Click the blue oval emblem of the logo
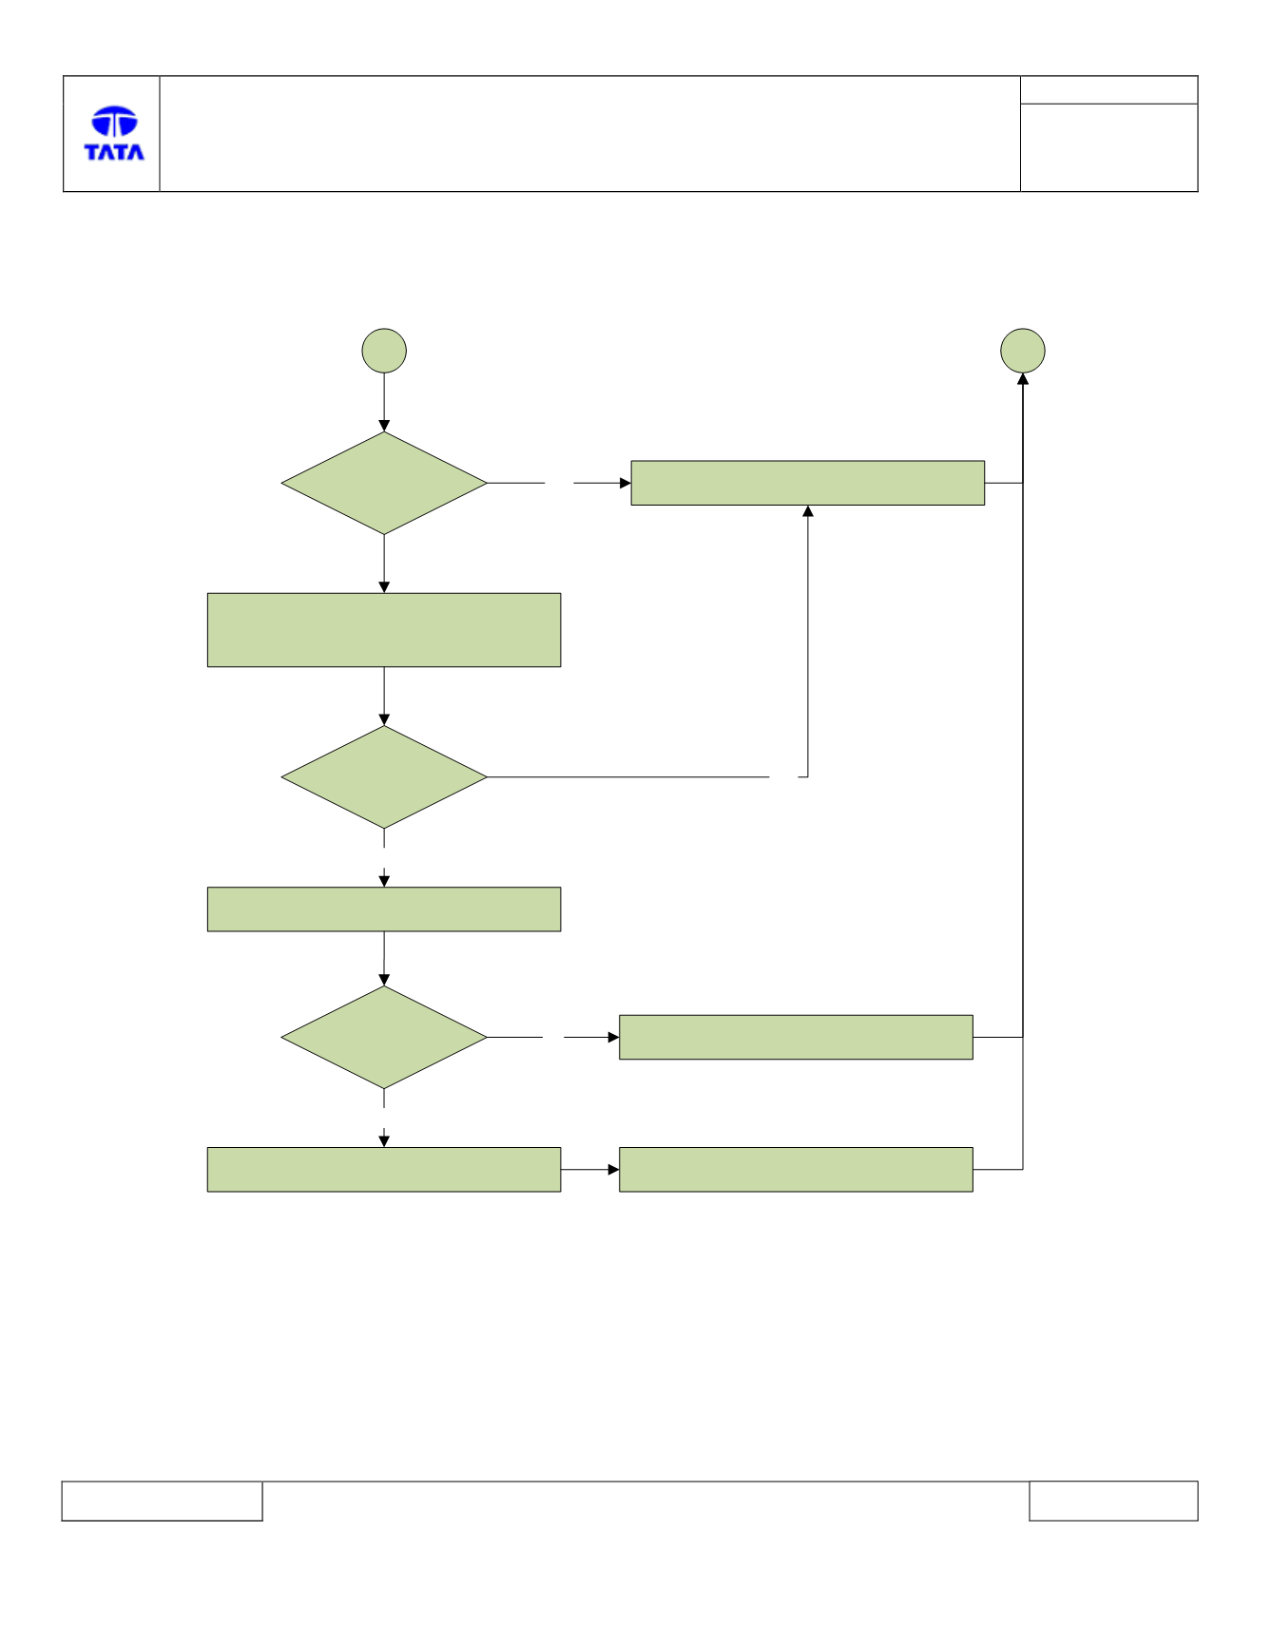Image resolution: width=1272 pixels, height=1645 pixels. click(x=114, y=121)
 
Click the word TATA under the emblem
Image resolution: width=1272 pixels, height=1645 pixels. click(x=114, y=152)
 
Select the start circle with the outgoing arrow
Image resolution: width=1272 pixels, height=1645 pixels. click(x=384, y=351)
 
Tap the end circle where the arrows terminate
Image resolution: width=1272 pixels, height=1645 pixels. click(x=1023, y=351)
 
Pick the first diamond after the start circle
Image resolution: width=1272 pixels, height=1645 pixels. click(x=384, y=483)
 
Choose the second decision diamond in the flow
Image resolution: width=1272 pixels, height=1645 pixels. click(x=384, y=777)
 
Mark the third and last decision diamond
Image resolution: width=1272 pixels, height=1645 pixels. click(x=384, y=1038)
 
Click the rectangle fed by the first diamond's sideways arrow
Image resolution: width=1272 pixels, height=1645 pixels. click(x=808, y=483)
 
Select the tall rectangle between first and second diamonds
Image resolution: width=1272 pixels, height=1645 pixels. click(x=384, y=630)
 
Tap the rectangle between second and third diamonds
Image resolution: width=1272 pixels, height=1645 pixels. click(x=384, y=909)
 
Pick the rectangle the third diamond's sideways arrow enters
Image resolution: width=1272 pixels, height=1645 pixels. click(x=796, y=1038)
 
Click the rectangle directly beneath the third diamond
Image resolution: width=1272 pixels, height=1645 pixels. click(x=384, y=1170)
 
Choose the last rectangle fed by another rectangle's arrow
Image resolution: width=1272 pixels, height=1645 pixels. click(x=796, y=1170)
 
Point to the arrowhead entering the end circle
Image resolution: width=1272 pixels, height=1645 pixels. click(x=1023, y=379)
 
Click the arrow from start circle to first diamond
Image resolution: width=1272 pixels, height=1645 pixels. click(x=384, y=403)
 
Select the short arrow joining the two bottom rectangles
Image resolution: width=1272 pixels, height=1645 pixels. click(x=590, y=1170)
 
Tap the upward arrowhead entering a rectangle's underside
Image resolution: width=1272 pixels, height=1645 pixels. click(x=808, y=511)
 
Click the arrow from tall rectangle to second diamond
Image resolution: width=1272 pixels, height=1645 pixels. click(x=384, y=697)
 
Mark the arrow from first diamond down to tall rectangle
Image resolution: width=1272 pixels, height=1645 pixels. click(x=384, y=564)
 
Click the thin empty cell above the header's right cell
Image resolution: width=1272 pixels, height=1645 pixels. click(x=1108, y=90)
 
